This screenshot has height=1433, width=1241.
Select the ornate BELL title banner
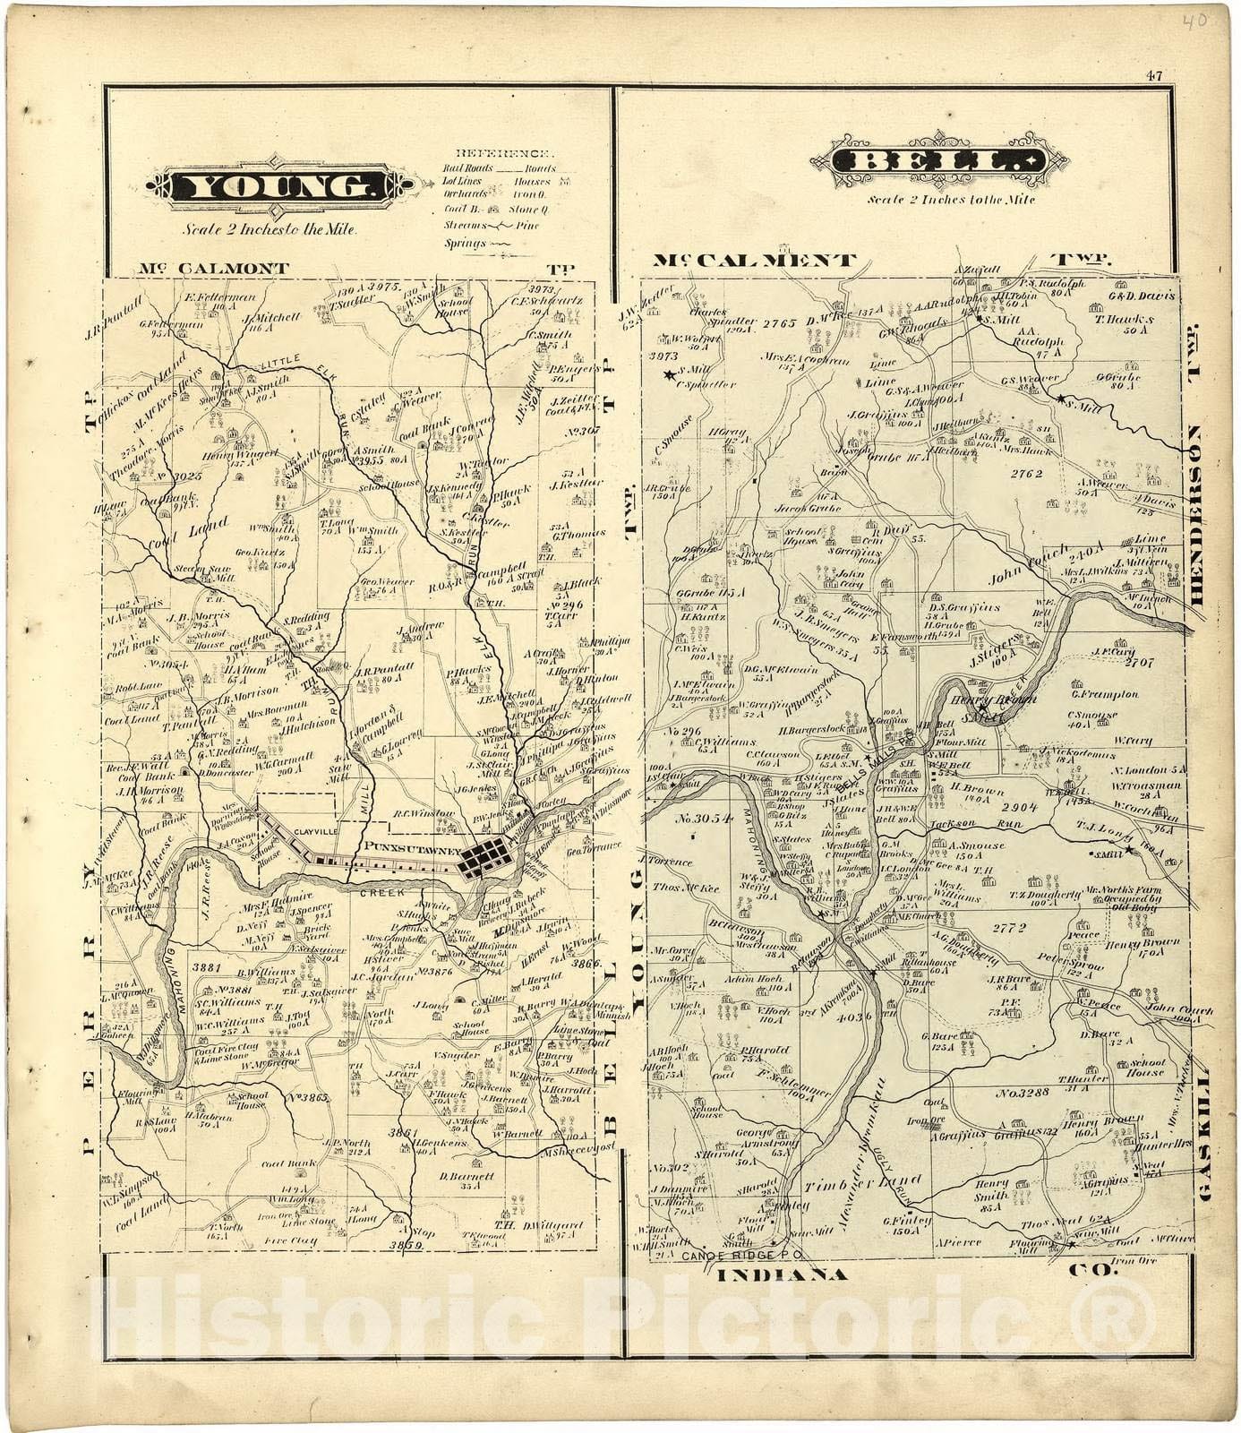(x=939, y=162)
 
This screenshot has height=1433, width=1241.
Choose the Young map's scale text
(x=270, y=229)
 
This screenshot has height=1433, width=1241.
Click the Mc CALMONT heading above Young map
(x=214, y=268)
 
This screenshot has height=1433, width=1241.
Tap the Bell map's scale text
(x=950, y=200)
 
